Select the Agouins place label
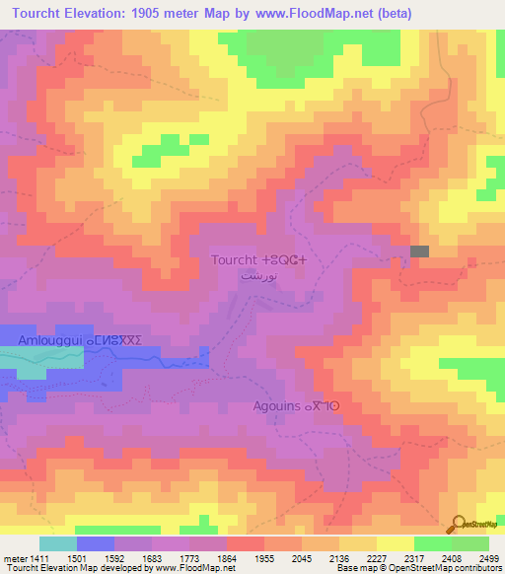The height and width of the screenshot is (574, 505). [x=296, y=405]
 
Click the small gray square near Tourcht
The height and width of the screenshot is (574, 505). [x=420, y=252]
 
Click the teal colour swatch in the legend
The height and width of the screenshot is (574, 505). [x=57, y=543]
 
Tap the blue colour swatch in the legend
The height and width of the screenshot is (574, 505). [x=95, y=543]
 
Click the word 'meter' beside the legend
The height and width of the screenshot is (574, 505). [x=14, y=557]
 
